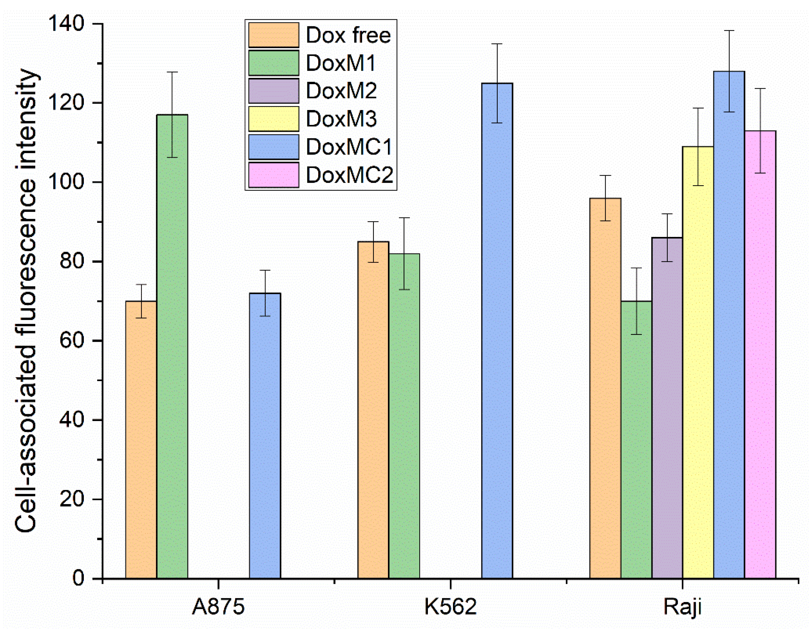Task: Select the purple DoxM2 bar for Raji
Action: [667, 408]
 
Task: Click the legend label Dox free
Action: [348, 35]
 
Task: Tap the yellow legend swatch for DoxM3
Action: [274, 119]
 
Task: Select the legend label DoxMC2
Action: [349, 175]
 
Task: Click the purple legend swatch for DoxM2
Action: [274, 91]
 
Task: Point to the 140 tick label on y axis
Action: [67, 24]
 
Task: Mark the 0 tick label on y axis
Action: [78, 578]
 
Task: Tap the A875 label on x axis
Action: [218, 607]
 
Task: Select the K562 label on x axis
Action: [450, 607]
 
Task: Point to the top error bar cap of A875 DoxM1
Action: [172, 72]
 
